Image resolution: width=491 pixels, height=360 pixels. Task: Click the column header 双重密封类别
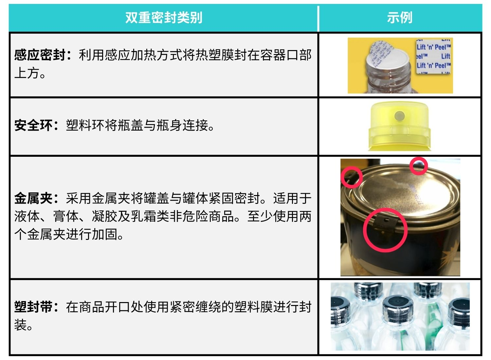(164, 18)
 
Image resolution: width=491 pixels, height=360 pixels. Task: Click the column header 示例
(400, 18)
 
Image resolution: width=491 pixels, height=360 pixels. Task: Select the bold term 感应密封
(40, 55)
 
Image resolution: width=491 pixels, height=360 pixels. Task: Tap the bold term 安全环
(33, 125)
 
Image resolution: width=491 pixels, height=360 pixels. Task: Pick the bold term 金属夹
(33, 199)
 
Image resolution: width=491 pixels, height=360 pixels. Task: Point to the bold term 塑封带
(33, 307)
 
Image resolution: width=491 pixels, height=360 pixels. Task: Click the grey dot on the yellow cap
(399, 116)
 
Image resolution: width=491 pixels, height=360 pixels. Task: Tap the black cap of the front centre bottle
(398, 305)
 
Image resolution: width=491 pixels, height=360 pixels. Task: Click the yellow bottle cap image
(399, 126)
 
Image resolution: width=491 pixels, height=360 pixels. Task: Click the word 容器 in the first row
(273, 55)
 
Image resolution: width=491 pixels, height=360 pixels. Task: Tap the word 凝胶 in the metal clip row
(104, 216)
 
